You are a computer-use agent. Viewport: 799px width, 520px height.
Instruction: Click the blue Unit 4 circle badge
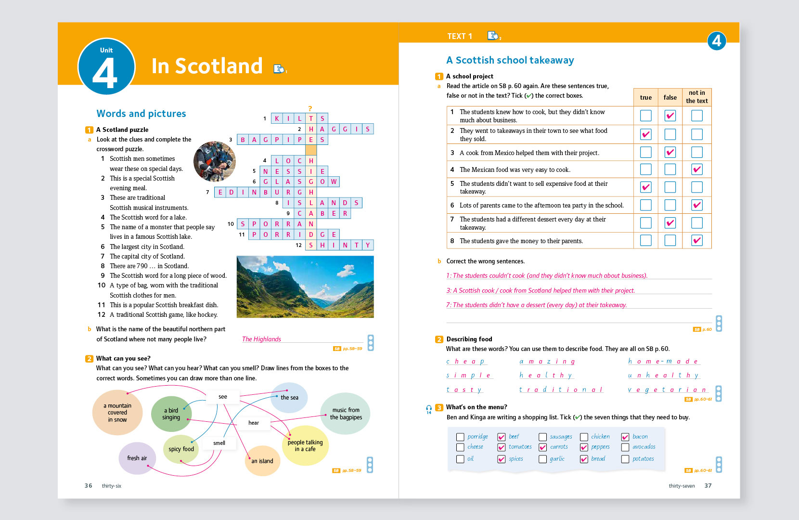coord(106,66)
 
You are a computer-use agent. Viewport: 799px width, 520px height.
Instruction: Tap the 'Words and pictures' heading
coord(141,114)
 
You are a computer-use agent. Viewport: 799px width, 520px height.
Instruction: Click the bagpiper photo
coord(215,161)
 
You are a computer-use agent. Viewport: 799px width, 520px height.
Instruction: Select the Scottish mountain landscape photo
coord(305,286)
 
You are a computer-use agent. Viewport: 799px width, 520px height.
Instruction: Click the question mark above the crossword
coord(310,109)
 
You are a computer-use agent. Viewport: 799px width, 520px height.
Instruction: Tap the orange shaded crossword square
coord(311,150)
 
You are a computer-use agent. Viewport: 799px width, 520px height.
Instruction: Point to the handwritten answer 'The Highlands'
coord(261,339)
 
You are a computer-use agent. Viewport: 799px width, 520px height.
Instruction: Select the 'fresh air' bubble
coord(137,458)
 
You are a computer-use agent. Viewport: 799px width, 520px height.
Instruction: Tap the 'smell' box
coord(219,443)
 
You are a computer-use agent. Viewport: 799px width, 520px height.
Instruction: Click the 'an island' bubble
coord(262,461)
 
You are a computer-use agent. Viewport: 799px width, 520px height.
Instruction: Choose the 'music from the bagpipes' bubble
coord(346,414)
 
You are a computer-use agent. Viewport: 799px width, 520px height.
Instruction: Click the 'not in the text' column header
coord(696,97)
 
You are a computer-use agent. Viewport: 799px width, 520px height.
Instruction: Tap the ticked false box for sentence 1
coord(670,116)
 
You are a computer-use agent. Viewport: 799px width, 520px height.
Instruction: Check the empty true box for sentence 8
coord(646,240)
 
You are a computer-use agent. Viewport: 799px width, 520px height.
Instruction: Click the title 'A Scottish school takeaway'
coord(510,60)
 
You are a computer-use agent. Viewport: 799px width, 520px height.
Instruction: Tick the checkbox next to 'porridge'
coord(460,437)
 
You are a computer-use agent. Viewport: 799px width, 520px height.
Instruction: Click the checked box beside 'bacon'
coord(625,437)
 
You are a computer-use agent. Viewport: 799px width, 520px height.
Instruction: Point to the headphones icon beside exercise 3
coord(429,408)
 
